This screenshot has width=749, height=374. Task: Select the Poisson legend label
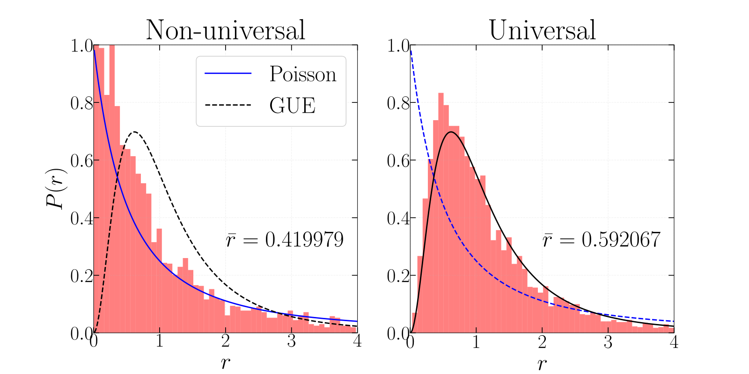302,74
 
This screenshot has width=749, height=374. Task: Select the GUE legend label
292,105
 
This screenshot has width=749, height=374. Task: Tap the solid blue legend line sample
228,73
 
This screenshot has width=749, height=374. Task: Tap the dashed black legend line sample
228,105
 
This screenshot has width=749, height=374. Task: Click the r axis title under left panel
225,361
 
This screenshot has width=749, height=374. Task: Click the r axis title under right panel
542,362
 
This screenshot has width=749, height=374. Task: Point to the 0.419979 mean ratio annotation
285,240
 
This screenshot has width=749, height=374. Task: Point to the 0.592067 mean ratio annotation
602,240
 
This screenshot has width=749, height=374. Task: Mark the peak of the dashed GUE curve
135,132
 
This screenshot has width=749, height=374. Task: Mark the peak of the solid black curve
451,132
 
